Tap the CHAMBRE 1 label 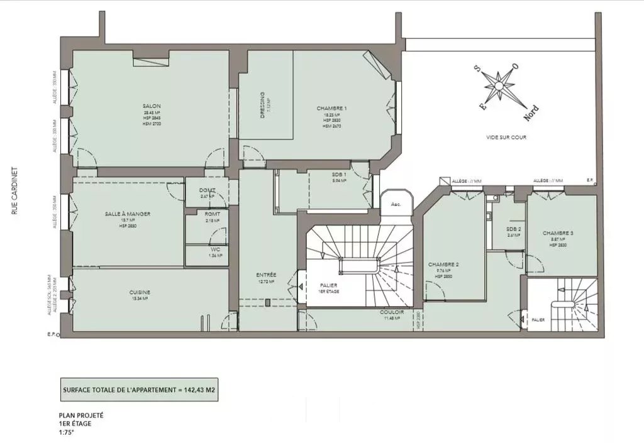[x=332, y=108]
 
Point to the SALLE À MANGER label [x=128, y=214]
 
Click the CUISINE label [x=140, y=292]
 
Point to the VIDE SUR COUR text [x=506, y=137]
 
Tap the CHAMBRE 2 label [x=444, y=265]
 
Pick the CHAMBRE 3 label [x=558, y=232]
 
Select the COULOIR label [x=391, y=312]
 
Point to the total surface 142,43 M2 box [x=142, y=390]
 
